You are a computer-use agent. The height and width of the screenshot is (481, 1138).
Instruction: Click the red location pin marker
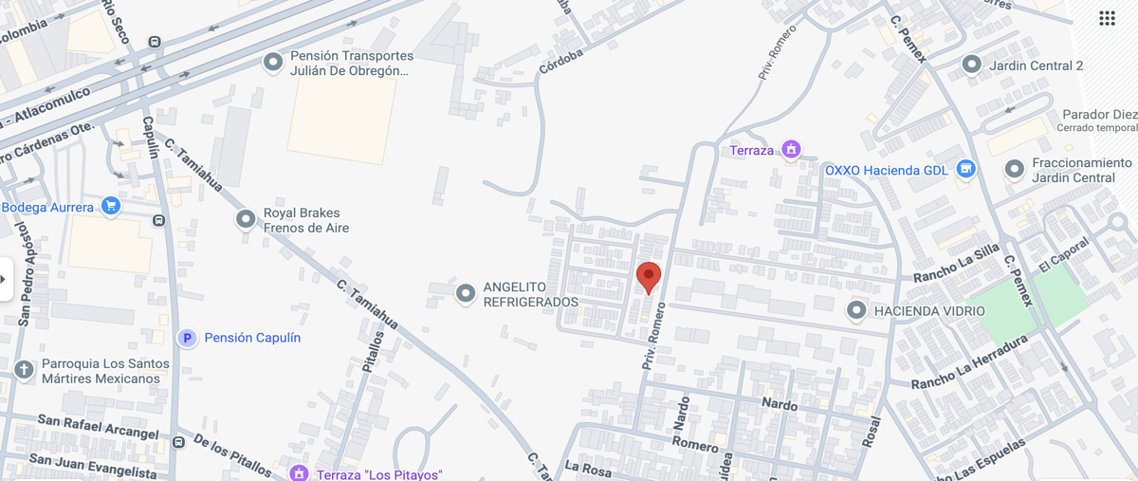coord(648,277)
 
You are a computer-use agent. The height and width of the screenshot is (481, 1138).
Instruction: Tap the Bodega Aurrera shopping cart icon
coord(111,206)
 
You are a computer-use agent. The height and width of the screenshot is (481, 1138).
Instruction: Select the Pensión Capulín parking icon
coord(188,338)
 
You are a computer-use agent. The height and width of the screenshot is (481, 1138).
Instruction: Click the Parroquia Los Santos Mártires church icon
coord(24,369)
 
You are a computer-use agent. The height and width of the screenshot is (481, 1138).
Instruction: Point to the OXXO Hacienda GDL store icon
coord(965,169)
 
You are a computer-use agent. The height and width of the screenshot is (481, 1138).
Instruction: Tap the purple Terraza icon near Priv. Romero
coord(790,149)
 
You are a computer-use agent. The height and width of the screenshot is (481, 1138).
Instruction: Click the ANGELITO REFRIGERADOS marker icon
coord(465,293)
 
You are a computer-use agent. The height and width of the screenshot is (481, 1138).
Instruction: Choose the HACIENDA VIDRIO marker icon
coord(856,310)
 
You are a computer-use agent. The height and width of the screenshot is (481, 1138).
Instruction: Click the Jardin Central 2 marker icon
coord(970,65)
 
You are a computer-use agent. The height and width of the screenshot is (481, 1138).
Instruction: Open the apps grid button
coord(1107,18)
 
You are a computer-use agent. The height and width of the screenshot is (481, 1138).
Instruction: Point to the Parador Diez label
coord(1099,115)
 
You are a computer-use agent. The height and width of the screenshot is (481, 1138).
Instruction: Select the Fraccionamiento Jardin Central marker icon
coord(1014,169)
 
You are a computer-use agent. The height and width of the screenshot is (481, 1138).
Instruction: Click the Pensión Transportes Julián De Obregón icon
coord(272,63)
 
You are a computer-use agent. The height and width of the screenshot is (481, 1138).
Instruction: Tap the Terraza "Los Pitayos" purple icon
coord(300,472)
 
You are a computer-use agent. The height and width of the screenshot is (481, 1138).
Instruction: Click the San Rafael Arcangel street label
coord(98,426)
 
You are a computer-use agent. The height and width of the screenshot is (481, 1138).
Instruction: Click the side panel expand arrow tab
coord(5,279)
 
